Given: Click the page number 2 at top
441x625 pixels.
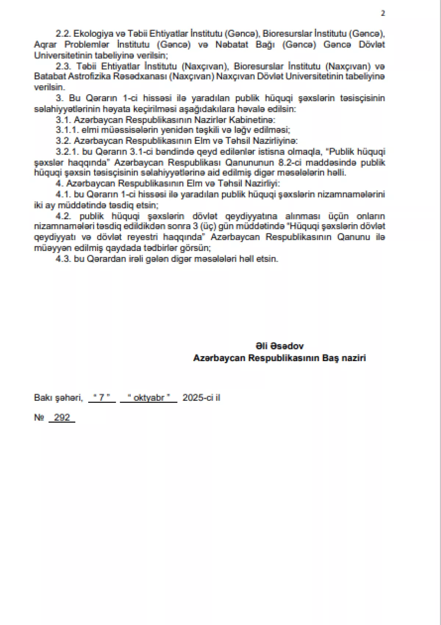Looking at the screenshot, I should pos(383,13).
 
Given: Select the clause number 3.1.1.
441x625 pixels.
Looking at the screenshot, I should pos(67,130).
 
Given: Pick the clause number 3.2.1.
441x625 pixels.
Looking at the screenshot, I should pos(67,152).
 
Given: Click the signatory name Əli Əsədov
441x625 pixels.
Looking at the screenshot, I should pos(280,346).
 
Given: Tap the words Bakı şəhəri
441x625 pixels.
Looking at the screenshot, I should pos(58,398).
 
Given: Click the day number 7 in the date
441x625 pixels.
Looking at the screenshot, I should pos(102,398).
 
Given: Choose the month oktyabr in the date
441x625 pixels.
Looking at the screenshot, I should pos(148,398).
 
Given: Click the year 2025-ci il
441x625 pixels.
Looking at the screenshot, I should pos(201,398).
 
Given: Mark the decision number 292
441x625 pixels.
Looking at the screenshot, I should pos(62,417).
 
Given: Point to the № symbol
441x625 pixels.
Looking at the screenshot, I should pos(39,417).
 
